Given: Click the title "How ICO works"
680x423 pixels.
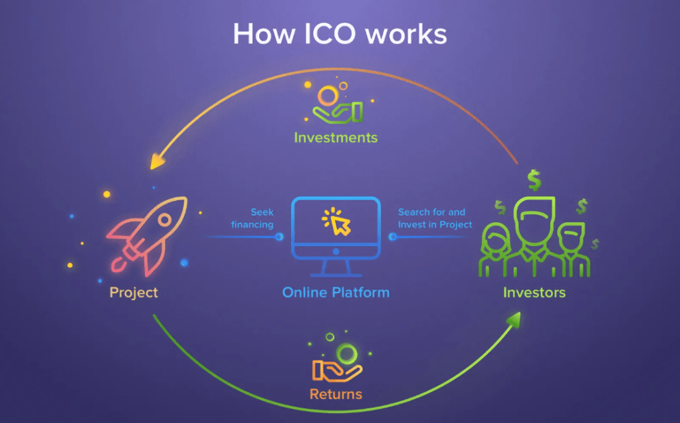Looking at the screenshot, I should tap(340, 34).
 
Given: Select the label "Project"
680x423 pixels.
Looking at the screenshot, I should tap(134, 293).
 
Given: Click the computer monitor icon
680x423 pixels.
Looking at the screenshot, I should tap(336, 236).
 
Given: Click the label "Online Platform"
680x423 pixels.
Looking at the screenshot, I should tap(336, 293).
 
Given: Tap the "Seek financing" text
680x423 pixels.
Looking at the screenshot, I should tap(253, 218).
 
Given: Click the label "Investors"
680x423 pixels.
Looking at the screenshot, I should tap(534, 293).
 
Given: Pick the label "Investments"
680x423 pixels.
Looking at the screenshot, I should tap(336, 138).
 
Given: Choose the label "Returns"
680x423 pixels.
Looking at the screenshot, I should tap(336, 394).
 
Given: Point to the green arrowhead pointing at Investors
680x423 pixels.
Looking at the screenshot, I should tap(514, 322).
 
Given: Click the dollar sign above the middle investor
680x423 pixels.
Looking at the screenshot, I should tap(533, 178).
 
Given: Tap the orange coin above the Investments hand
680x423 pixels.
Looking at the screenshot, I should tap(326, 96).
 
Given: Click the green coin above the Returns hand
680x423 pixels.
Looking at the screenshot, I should tap(346, 352).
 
